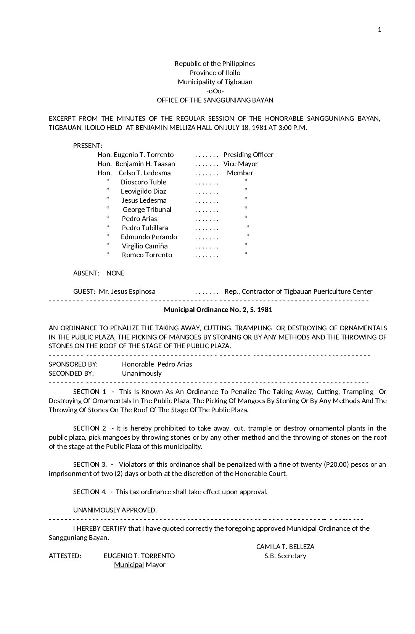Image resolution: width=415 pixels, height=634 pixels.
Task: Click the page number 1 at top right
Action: coord(379,30)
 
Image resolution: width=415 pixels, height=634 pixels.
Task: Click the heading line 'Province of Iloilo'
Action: coord(215,73)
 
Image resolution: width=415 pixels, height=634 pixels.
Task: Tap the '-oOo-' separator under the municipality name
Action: coord(215,91)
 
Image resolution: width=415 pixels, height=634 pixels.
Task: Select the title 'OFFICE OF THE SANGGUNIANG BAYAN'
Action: coord(215,100)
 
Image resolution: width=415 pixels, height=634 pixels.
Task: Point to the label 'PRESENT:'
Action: coord(87,146)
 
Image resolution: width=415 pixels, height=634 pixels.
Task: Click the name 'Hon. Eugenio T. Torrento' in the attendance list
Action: coord(135,155)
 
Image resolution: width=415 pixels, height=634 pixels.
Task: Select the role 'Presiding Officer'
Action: coord(248,155)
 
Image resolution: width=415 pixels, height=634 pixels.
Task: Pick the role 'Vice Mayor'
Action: coord(240,164)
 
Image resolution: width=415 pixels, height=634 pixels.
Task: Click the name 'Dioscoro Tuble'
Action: coord(143,182)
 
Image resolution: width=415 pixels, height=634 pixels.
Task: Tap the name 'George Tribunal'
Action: coord(147,210)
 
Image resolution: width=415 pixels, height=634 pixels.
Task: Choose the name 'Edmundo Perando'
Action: coord(149,237)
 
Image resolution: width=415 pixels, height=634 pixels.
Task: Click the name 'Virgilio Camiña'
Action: coord(145,246)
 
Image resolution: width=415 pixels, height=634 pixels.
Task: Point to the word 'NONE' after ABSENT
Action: coord(115,273)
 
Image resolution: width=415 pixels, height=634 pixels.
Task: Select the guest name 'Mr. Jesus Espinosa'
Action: coord(127,291)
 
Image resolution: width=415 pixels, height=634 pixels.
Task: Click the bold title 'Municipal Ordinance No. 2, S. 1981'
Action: coord(218,310)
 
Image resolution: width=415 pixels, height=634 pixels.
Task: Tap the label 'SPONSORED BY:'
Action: coord(73,364)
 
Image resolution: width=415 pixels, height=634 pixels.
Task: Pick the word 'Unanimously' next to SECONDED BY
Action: coord(142,373)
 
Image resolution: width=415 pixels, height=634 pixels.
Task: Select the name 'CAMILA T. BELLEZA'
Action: coord(285,547)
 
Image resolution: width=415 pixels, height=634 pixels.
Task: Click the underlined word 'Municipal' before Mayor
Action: coord(129,565)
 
